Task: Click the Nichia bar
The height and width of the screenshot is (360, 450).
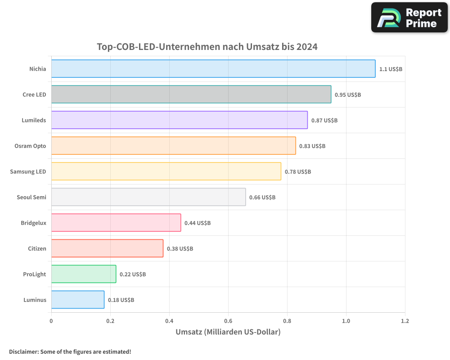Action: [213, 69]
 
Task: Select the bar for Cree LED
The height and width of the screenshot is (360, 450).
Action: [191, 94]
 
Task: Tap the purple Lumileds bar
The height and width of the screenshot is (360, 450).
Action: [180, 120]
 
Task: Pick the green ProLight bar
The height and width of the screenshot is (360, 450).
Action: [84, 274]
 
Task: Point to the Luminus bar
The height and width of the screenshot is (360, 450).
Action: [78, 300]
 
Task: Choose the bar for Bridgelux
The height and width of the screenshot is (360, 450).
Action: [116, 223]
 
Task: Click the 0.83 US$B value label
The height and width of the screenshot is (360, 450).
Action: [312, 146]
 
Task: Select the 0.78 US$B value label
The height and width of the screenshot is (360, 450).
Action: [297, 172]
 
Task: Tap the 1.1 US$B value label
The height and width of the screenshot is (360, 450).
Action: [391, 69]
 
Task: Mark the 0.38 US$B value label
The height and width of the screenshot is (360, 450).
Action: [180, 249]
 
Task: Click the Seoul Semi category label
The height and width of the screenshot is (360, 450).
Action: [31, 197]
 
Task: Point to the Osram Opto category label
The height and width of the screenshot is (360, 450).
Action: [30, 146]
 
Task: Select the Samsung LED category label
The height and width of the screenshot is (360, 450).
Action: [28, 171]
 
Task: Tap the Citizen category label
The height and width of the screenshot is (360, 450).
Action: [37, 248]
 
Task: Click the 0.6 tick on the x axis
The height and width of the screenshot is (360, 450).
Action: [228, 321]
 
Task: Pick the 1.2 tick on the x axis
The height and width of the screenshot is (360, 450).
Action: [405, 321]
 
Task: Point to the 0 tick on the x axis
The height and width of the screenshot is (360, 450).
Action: [51, 321]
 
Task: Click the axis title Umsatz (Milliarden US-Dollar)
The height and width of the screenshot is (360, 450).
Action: [228, 332]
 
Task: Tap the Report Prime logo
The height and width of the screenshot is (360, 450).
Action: [409, 18]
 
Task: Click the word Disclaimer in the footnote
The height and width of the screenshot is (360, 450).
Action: [23, 351]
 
